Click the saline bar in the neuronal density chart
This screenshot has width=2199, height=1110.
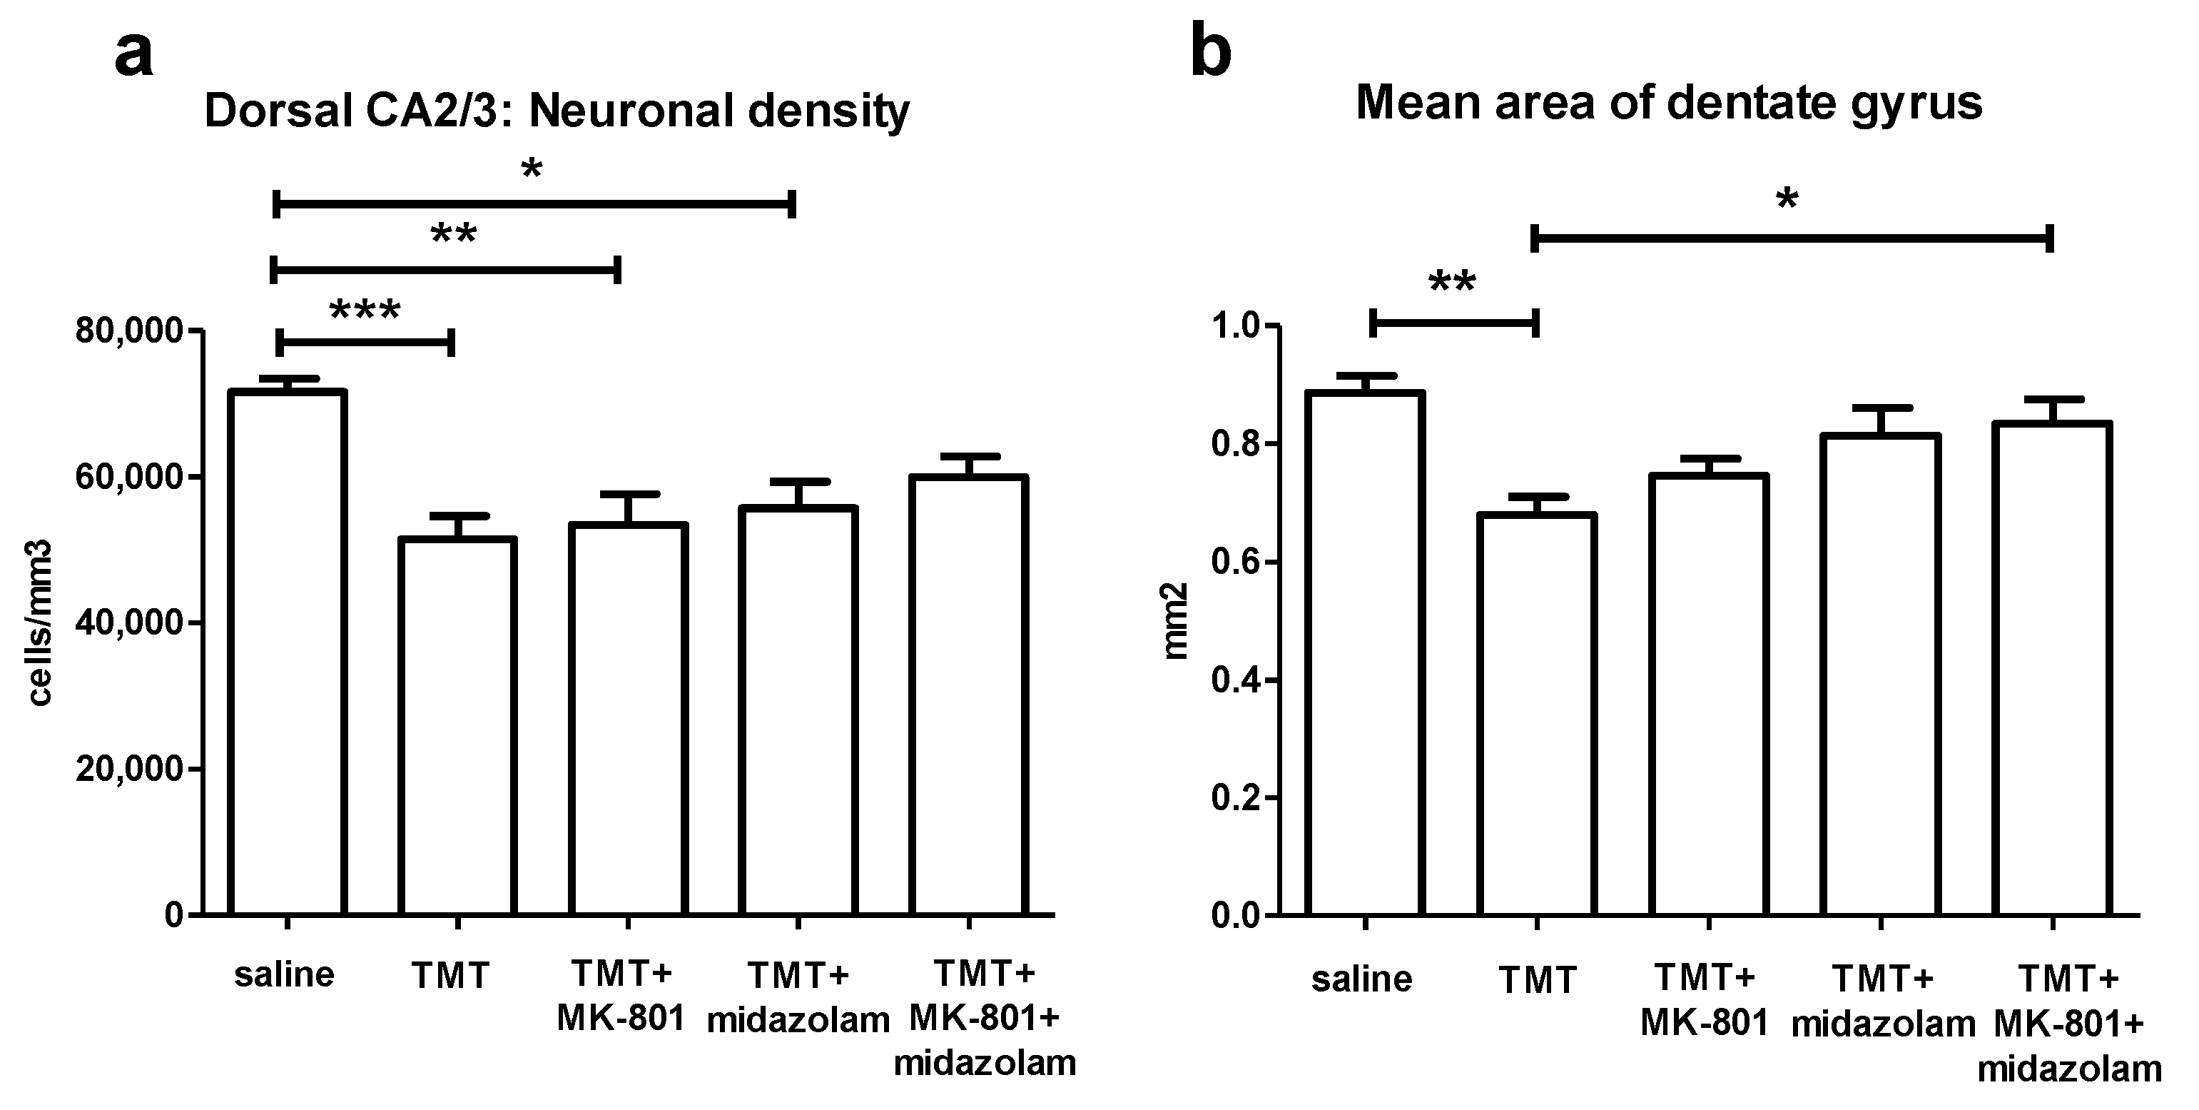pyautogui.click(x=287, y=653)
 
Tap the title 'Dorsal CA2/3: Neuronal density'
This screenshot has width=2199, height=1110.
pyautogui.click(x=557, y=111)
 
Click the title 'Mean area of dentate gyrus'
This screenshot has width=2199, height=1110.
pyautogui.click(x=1669, y=104)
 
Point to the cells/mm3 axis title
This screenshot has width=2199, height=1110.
pyautogui.click(x=41, y=623)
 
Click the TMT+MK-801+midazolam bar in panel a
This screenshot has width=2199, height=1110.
pyautogui.click(x=968, y=696)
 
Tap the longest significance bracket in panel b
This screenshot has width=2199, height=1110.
pyautogui.click(x=1792, y=239)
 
